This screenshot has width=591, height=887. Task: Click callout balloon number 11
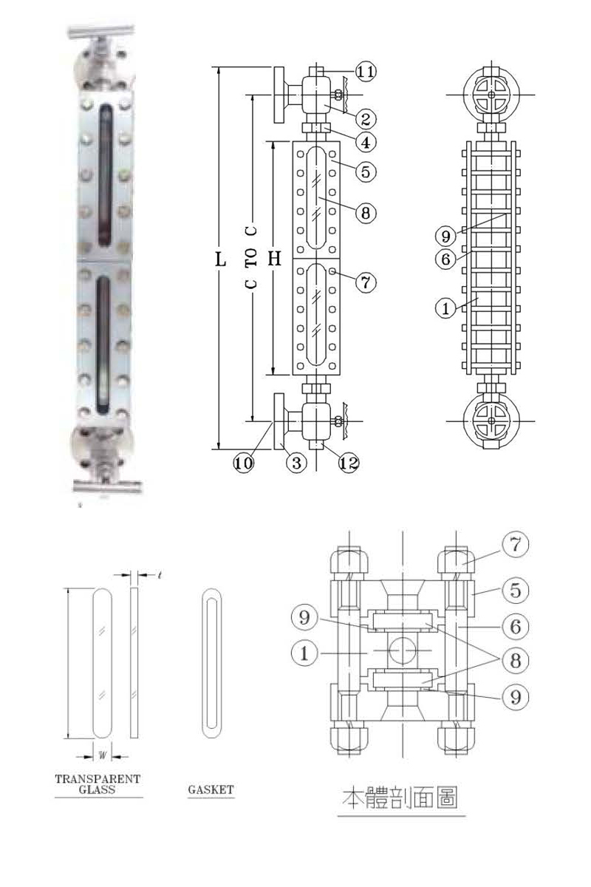coord(366,72)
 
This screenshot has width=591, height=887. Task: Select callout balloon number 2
coord(366,119)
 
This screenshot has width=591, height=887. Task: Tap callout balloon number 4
coord(366,142)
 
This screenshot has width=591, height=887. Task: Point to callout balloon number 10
coord(243,463)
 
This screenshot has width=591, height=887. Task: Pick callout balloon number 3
coord(296,463)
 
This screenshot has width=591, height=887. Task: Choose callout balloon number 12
coord(349,463)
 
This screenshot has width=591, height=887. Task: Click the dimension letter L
coord(220,259)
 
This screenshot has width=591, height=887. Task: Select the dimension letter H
coord(274,258)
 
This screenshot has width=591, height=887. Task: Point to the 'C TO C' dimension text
coord(251,257)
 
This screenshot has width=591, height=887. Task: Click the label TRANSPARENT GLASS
coord(98,784)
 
